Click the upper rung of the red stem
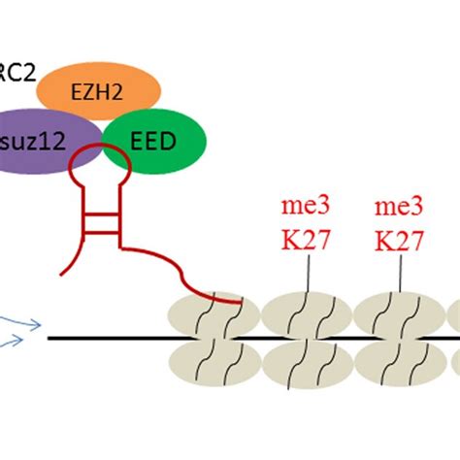coord(97,211)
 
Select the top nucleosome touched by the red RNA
coord(214,312)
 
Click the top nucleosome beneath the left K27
coord(306,312)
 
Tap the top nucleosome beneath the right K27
coord(398,312)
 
